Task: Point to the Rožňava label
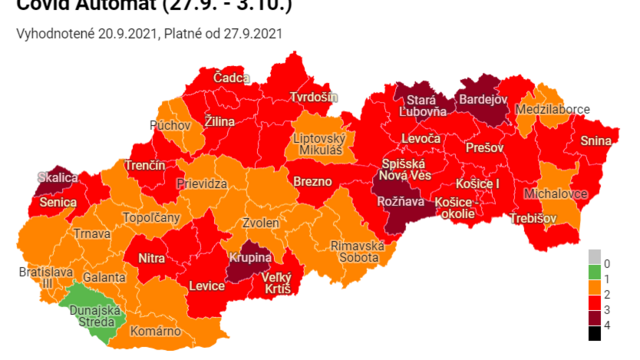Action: click(x=397, y=202)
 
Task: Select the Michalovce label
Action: click(x=554, y=190)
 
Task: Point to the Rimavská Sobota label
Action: click(x=355, y=251)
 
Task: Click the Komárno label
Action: click(x=156, y=331)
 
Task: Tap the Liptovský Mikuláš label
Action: click(x=318, y=143)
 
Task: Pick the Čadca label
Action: click(x=232, y=78)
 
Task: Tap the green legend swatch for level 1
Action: click(x=594, y=273)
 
